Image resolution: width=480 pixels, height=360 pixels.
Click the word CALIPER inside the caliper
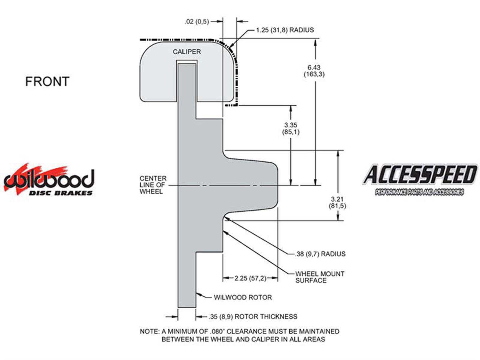click(x=187, y=52)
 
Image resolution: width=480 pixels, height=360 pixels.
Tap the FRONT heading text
click(x=47, y=82)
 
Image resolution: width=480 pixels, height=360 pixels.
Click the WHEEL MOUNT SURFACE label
click(x=319, y=277)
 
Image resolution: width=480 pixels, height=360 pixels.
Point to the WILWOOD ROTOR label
click(x=243, y=297)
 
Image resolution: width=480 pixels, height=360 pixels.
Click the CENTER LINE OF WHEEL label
click(x=153, y=185)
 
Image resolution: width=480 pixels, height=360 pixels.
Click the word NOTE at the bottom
click(x=149, y=331)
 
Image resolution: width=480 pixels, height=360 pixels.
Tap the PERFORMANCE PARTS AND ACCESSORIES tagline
click(x=419, y=192)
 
